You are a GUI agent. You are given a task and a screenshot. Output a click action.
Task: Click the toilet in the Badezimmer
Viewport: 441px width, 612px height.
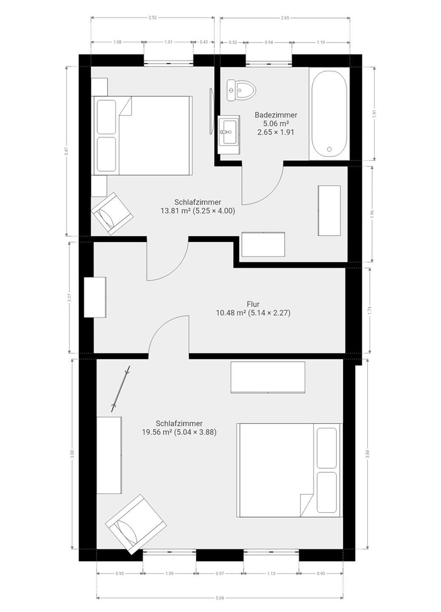tap(241, 90)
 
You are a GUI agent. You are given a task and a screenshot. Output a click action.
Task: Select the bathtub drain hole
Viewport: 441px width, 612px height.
tap(329, 149)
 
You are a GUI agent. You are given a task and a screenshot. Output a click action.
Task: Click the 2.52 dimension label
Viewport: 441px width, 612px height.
tap(153, 18)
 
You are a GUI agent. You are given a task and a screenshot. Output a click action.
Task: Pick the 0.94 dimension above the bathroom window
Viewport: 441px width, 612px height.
tap(269, 42)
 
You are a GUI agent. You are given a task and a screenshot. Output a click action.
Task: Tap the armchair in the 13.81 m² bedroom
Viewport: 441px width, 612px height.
tap(112, 213)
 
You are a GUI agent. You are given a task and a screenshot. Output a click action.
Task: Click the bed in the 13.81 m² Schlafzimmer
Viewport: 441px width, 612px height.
tap(143, 136)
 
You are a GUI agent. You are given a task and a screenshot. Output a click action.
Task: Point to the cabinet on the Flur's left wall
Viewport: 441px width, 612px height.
tap(95, 297)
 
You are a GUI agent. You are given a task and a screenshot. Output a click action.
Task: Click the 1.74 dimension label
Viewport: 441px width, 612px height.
tap(370, 311)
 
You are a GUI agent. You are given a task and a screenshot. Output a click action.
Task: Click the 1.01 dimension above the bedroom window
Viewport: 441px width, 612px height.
tap(169, 42)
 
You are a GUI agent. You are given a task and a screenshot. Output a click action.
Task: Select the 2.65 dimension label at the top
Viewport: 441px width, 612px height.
tap(285, 18)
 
